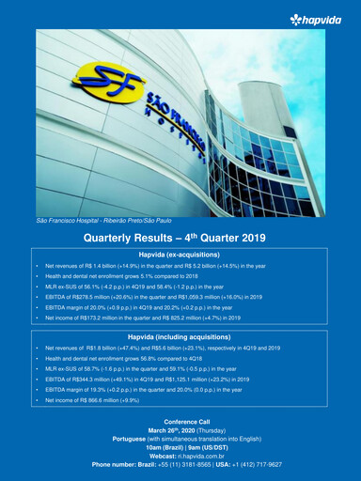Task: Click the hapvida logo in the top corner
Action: click(319, 19)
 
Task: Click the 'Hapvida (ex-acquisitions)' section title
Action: click(180, 255)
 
